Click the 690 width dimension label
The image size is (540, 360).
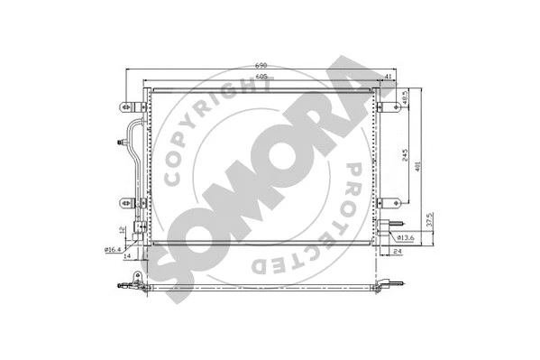(262, 66)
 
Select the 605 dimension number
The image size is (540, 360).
(261, 78)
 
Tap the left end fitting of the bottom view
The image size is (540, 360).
(126, 287)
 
